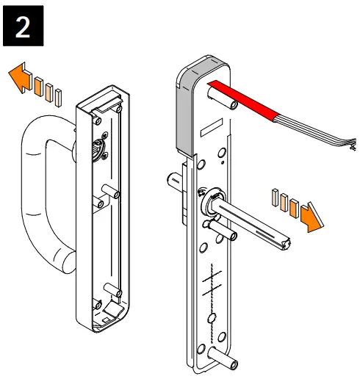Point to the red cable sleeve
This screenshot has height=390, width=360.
click(242, 100)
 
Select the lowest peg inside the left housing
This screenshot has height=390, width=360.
click(112, 289)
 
